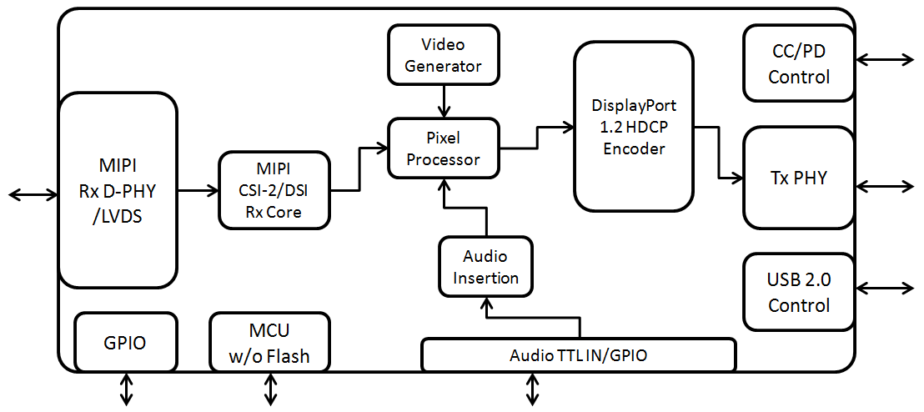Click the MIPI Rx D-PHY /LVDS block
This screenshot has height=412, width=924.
(x=118, y=191)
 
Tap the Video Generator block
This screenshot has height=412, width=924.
(x=444, y=54)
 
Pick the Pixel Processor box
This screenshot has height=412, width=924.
(x=444, y=148)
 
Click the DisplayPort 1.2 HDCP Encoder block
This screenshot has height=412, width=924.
(x=634, y=127)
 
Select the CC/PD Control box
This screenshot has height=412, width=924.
(x=799, y=63)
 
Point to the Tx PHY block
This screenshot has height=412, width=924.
(x=799, y=178)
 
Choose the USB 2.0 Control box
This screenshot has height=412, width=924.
(x=799, y=292)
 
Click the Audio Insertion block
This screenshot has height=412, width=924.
(x=485, y=266)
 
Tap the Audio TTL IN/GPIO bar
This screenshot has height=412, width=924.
(x=579, y=355)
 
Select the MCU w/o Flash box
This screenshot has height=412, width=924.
(x=269, y=342)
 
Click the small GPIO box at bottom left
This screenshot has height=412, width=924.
(x=126, y=342)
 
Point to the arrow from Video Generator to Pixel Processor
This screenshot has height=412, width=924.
(x=444, y=101)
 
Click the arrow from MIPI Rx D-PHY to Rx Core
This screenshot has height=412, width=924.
(x=198, y=191)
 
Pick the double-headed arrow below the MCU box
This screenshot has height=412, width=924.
(x=270, y=389)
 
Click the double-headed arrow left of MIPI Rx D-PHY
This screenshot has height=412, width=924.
(x=33, y=194)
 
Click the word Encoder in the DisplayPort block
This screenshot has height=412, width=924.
(x=634, y=148)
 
